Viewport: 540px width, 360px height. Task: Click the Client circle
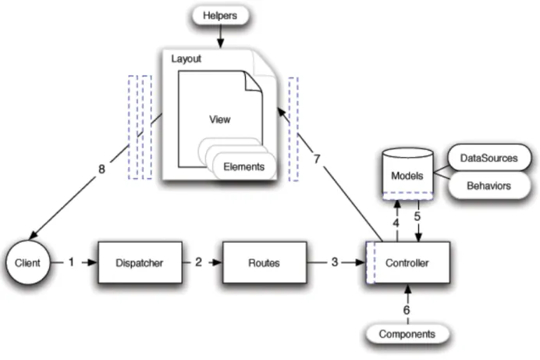pyautogui.click(x=27, y=262)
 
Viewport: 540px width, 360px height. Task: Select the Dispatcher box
pyautogui.click(x=140, y=262)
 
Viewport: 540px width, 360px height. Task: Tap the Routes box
pyautogui.click(x=265, y=262)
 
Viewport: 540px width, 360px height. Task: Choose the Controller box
pyautogui.click(x=408, y=262)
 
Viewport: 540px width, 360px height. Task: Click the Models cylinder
pyautogui.click(x=408, y=174)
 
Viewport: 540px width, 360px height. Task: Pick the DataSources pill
pyautogui.click(x=489, y=158)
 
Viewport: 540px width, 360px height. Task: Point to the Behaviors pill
pyautogui.click(x=489, y=186)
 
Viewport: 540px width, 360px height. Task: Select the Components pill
pyautogui.click(x=407, y=333)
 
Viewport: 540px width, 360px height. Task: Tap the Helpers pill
pyautogui.click(x=220, y=16)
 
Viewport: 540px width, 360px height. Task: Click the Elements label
pyautogui.click(x=243, y=167)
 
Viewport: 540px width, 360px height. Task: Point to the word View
pyautogui.click(x=220, y=119)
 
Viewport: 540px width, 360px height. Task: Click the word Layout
pyautogui.click(x=186, y=59)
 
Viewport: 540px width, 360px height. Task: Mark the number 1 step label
pyautogui.click(x=71, y=262)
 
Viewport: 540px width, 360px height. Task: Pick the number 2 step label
pyautogui.click(x=198, y=262)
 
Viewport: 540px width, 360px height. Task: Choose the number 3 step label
pyautogui.click(x=335, y=262)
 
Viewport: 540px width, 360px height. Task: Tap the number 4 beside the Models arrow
pyautogui.click(x=396, y=223)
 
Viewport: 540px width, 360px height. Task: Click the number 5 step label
pyautogui.click(x=417, y=216)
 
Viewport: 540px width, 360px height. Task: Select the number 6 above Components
pyautogui.click(x=407, y=310)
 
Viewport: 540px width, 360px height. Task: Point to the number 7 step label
pyautogui.click(x=317, y=159)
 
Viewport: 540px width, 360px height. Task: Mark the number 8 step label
pyautogui.click(x=101, y=169)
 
